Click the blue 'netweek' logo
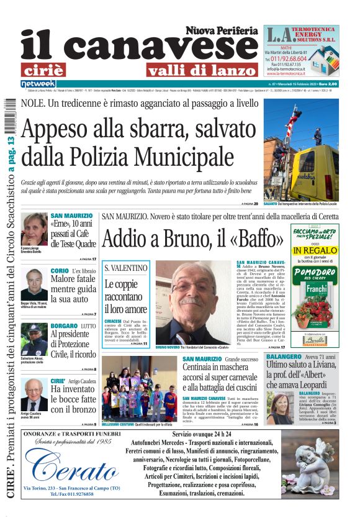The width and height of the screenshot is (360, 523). point(38,83)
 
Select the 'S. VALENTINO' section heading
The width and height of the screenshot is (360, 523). point(127,268)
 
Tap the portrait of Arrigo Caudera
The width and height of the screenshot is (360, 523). point(34,394)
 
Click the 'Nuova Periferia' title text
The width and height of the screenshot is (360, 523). point(221,30)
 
